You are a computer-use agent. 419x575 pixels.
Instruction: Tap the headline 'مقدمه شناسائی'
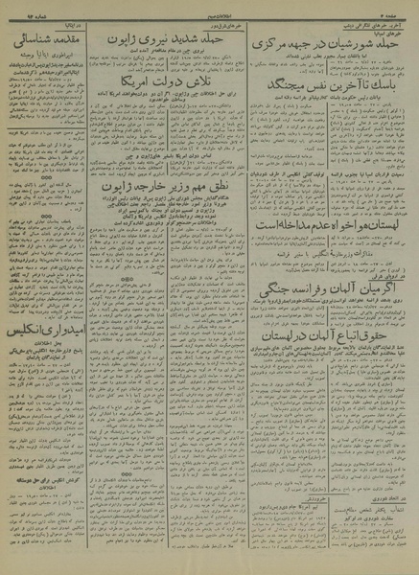click(x=55, y=44)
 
